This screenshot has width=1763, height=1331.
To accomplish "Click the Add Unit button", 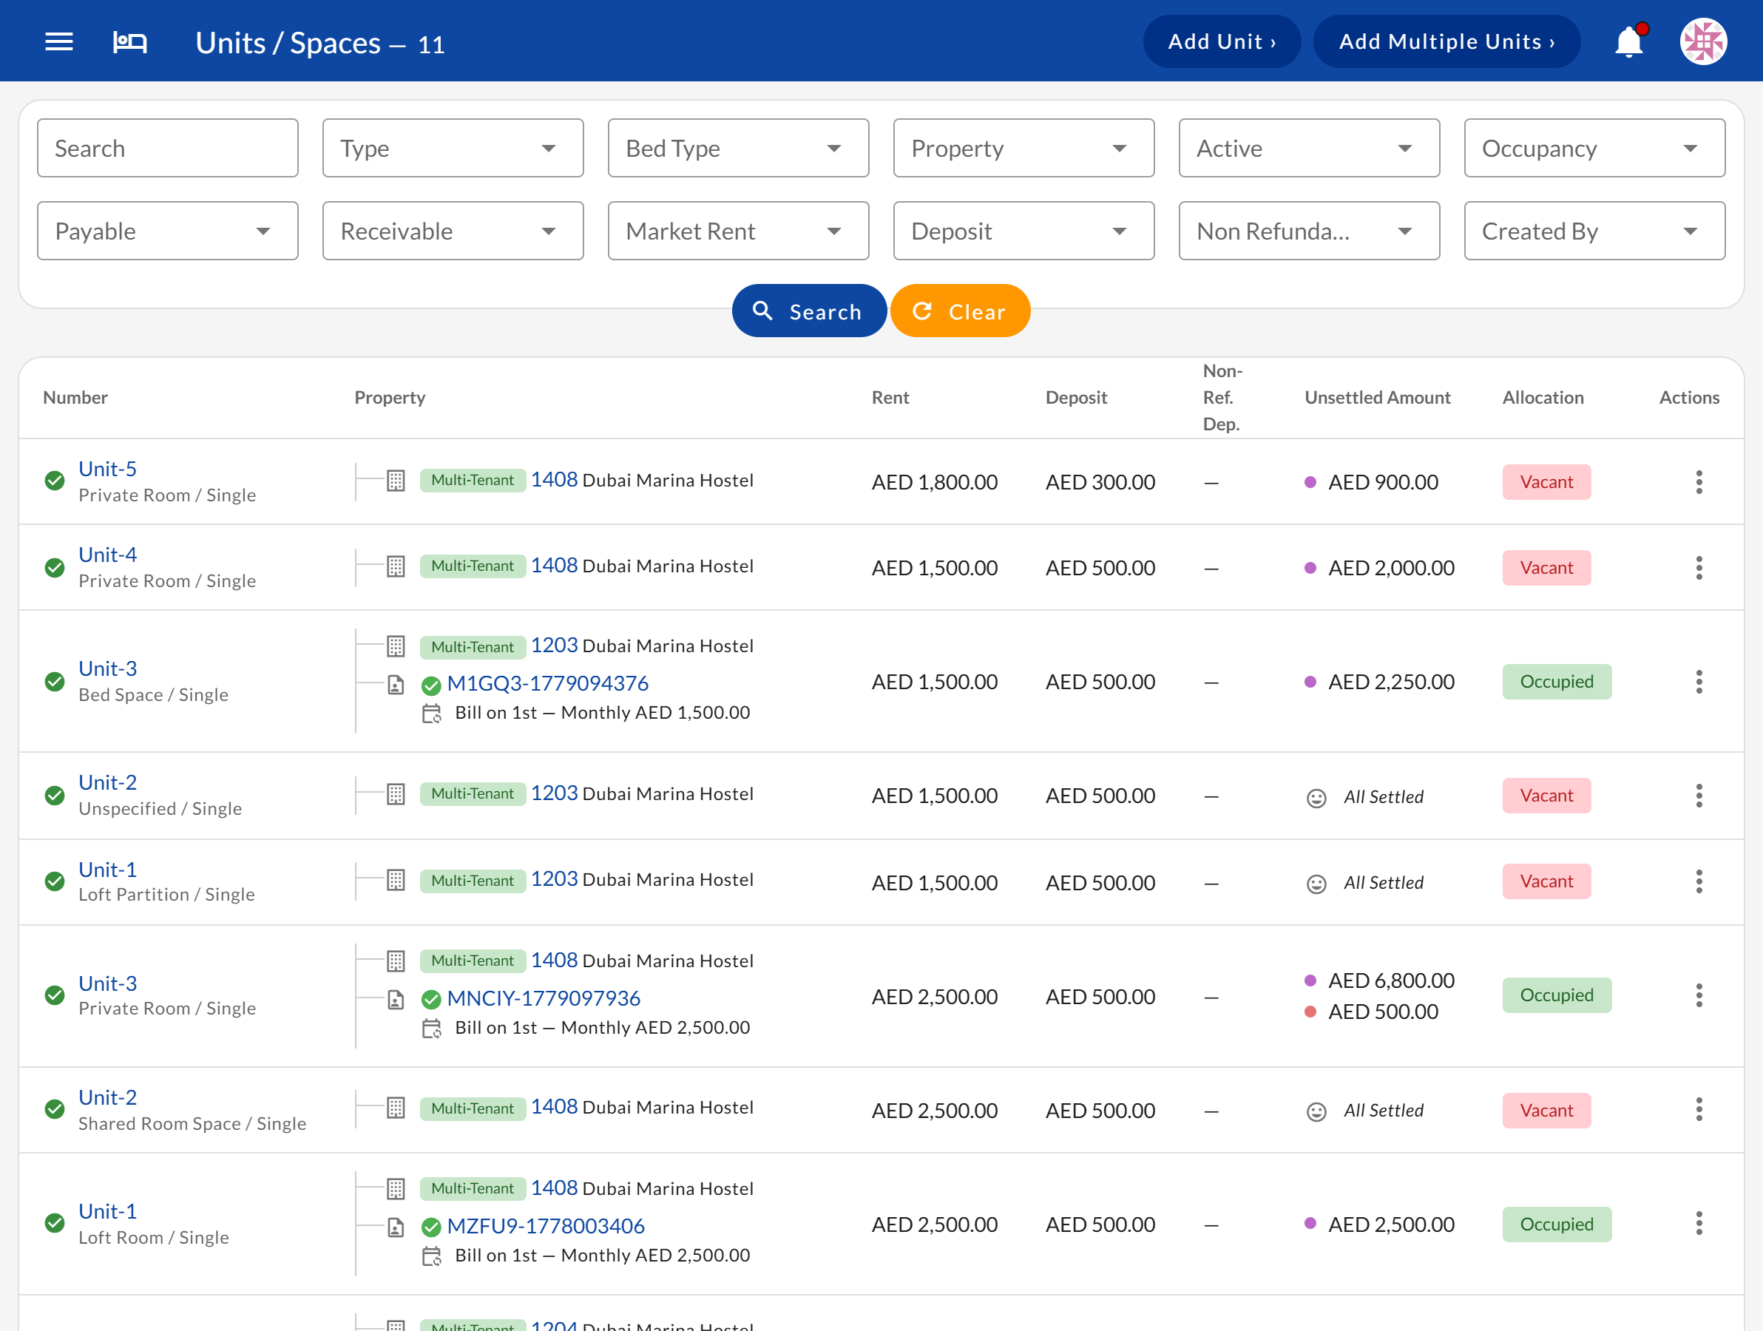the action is click(x=1221, y=41).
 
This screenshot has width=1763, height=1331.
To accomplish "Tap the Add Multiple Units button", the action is click(x=1446, y=41).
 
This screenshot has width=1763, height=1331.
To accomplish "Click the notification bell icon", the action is click(x=1629, y=41).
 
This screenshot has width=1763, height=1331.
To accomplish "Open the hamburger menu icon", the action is click(x=59, y=41).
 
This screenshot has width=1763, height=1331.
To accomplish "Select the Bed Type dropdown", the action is click(x=738, y=148).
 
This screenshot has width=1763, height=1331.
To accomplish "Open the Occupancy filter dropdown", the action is click(x=1594, y=148).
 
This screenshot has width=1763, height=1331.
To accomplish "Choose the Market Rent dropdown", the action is click(x=738, y=231).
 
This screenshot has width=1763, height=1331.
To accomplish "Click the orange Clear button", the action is click(x=960, y=311).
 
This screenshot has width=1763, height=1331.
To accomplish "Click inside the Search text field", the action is click(x=167, y=148).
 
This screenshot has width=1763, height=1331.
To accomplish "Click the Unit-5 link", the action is click(x=107, y=469).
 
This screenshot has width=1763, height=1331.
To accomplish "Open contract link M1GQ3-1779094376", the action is click(x=547, y=683).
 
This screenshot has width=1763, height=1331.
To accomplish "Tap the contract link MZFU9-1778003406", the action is click(x=546, y=1226).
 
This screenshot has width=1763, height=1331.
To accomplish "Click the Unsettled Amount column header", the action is click(x=1377, y=398).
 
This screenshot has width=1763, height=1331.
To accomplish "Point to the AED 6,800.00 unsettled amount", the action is click(x=1391, y=981).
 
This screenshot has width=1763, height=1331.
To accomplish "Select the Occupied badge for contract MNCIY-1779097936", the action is click(x=1557, y=995).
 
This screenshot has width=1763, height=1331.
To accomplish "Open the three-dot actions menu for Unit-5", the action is click(x=1699, y=482).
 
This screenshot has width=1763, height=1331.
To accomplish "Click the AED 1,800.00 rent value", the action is click(x=934, y=482).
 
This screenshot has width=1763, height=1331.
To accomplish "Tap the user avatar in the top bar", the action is click(x=1703, y=41).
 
